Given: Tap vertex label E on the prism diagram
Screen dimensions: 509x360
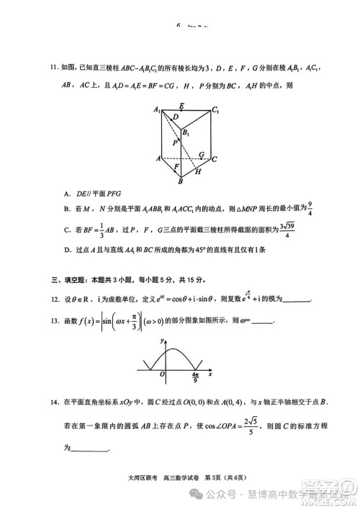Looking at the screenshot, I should pyautogui.click(x=181, y=105).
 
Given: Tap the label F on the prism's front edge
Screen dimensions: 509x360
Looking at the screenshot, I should pyautogui.click(x=176, y=166).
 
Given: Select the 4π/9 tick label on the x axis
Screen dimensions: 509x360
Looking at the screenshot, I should pyautogui.click(x=196, y=378).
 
